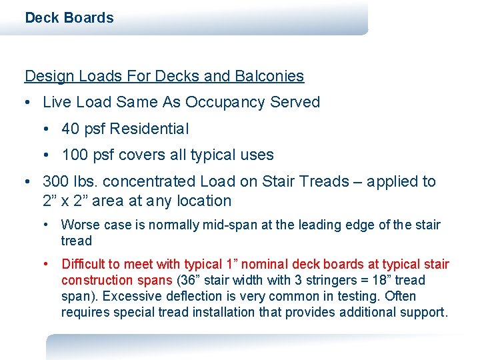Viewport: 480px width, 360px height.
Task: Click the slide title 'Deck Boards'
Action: [69, 18]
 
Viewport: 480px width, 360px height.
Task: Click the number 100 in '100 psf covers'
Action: [75, 155]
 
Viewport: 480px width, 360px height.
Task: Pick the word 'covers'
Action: [136, 155]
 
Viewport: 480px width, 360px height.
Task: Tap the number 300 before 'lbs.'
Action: [55, 181]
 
